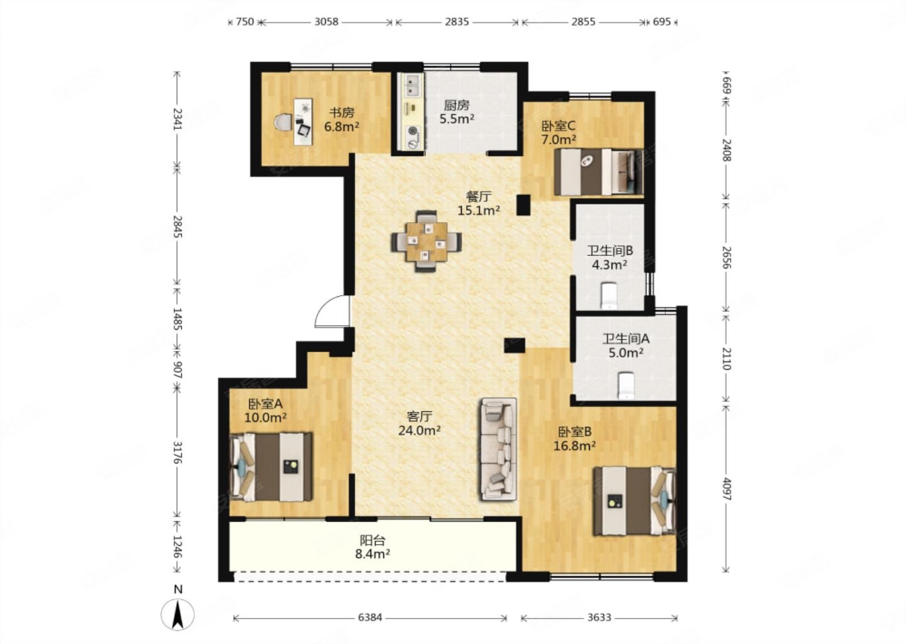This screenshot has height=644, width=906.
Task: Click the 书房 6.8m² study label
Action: click(342, 119)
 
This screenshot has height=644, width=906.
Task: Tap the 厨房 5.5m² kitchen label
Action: click(457, 112)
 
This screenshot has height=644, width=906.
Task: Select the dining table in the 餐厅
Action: click(427, 241)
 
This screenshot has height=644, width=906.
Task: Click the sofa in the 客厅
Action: click(498, 449)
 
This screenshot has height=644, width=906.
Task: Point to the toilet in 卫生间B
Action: click(608, 296)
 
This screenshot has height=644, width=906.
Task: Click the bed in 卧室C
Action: click(598, 172)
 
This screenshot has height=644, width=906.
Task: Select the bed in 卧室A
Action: click(271, 467)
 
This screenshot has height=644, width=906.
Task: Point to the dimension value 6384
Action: click(370, 618)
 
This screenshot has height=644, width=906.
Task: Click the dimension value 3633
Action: click(599, 618)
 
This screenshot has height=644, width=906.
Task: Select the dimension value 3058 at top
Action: click(327, 22)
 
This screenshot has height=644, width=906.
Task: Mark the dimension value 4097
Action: click(727, 489)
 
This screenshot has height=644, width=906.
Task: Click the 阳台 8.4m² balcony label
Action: click(372, 547)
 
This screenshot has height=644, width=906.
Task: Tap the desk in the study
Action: click(303, 121)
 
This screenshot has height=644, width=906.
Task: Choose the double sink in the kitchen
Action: click(411, 86)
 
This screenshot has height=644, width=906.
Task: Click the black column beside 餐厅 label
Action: click(523, 205)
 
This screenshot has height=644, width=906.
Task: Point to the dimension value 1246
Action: click(177, 546)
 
